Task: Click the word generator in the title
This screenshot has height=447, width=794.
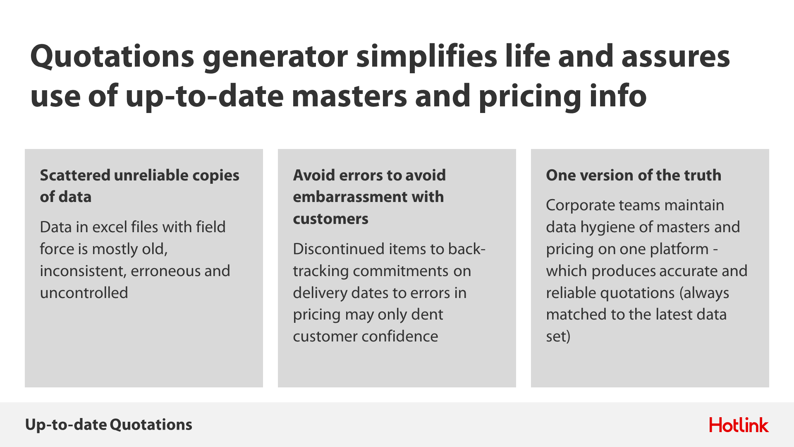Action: [x=275, y=58]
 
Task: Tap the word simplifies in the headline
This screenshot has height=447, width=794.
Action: [x=426, y=57]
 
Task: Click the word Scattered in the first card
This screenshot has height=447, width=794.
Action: [x=75, y=175]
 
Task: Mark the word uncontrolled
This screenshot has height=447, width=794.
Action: [x=84, y=293]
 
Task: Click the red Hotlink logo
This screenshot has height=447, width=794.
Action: [x=739, y=425]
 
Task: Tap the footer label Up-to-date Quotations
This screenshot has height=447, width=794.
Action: [x=109, y=425]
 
